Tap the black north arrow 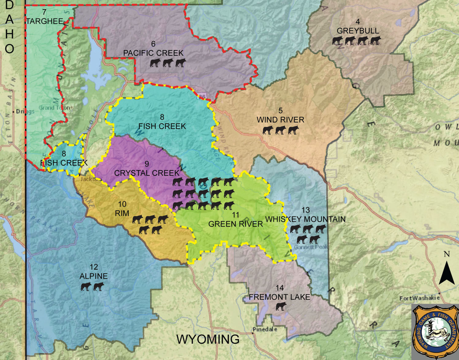(446, 273)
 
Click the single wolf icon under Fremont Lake (281, 306)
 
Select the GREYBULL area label (358, 31)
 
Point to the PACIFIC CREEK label (153, 53)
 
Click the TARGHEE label (45, 21)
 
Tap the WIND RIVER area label (280, 120)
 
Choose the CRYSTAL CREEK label (147, 173)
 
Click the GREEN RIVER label (235, 224)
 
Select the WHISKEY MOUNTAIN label (305, 219)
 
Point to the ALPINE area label (93, 276)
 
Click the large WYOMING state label (208, 339)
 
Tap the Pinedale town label (265, 329)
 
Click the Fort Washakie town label (419, 298)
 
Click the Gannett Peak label (310, 247)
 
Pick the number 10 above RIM (122, 204)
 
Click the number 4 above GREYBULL (358, 22)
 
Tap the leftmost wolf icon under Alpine (86, 287)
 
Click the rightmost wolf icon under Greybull (375, 40)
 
